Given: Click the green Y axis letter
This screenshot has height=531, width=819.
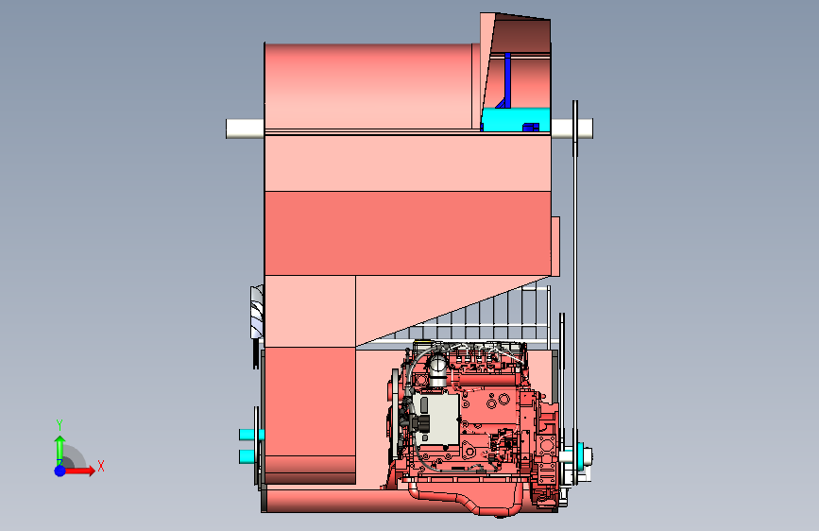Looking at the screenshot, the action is coord(60,425).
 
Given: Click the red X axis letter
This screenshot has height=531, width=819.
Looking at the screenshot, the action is coord(101,466).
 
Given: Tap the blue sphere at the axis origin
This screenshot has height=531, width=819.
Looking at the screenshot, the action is coord(60,471).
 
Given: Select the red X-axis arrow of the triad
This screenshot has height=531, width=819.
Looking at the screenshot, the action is coord(78,471).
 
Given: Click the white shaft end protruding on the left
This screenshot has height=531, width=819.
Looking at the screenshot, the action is coord(245,128).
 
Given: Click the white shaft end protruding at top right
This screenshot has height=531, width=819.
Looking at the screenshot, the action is coord(572,128).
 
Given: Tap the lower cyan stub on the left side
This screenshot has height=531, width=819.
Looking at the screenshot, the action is coord(249,456).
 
